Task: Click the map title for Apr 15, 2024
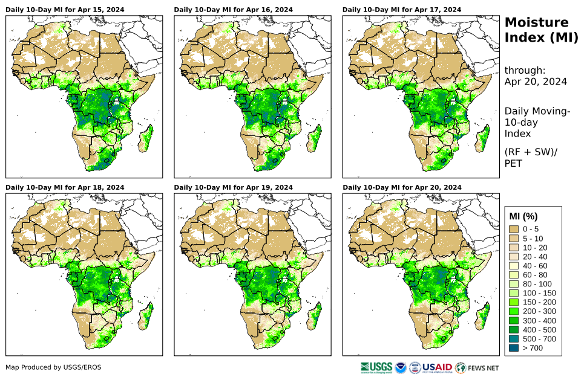click(65, 10)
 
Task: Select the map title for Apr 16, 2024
click(233, 10)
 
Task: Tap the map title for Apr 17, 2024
click(402, 10)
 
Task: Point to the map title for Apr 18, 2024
click(65, 187)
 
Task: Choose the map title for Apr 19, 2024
click(233, 187)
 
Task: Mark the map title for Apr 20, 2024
click(402, 187)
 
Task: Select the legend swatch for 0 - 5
click(514, 229)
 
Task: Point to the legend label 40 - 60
click(535, 266)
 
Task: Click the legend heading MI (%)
click(523, 216)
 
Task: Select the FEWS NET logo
click(477, 367)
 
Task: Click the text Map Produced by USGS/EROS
click(53, 367)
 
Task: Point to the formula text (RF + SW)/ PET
click(530, 157)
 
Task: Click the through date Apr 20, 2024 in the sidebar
click(536, 82)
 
